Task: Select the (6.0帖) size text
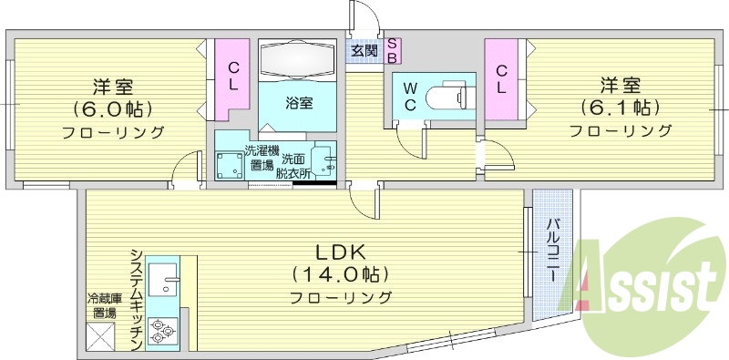pos(113,109)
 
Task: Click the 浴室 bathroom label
pos(300,103)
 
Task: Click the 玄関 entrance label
pos(364,50)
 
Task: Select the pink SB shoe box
pos(392,50)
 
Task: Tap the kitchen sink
pos(166,277)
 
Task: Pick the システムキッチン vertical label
pos(136,297)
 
